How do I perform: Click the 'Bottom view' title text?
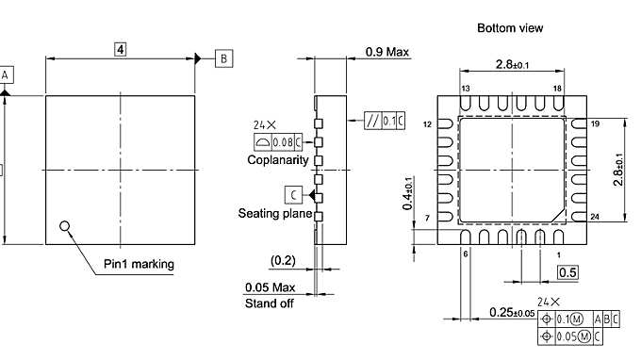(x=510, y=28)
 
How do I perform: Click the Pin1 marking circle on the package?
(x=64, y=225)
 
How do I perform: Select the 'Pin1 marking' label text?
(x=139, y=264)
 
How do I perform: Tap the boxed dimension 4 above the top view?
(x=121, y=48)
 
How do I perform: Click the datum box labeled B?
(x=223, y=58)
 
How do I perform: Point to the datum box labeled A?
(x=6, y=74)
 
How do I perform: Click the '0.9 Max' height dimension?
(x=387, y=52)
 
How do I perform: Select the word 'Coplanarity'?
(x=278, y=160)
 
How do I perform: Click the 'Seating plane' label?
(x=275, y=214)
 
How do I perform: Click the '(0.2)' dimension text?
(x=283, y=259)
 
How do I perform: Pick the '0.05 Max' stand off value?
(x=271, y=287)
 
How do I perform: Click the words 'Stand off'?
(x=270, y=303)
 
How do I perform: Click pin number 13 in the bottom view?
(x=466, y=88)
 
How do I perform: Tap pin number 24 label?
(x=595, y=218)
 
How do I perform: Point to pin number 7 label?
(x=427, y=218)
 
